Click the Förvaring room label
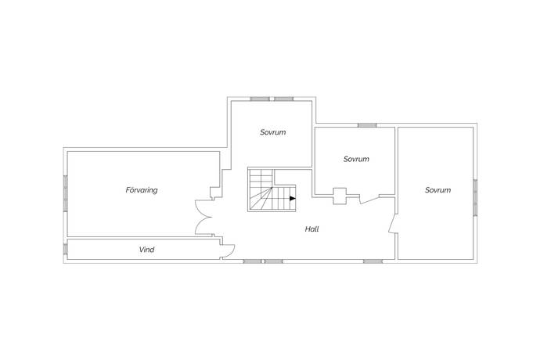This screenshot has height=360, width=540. point(142,190)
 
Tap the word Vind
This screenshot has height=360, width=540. point(146,250)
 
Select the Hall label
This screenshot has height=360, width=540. point(311,229)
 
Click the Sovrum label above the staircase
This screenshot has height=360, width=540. point(273,132)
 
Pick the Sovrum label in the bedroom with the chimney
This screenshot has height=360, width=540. point(356,159)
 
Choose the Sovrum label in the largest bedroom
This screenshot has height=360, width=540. point(437,190)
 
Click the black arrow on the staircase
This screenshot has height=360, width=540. point(293,199)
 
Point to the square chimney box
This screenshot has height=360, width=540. point(340,196)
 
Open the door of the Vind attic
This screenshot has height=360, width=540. point(228,250)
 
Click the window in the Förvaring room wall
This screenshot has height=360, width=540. point(66,193)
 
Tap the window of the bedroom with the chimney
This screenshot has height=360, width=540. point(367,125)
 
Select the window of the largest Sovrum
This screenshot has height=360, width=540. point(475,198)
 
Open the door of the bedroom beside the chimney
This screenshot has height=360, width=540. point(369,200)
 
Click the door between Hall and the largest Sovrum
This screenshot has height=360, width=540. point(392,224)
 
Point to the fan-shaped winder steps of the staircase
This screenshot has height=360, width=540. point(261,199)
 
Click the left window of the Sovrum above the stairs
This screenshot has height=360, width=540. point(260,99)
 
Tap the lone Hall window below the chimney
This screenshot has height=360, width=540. point(373,261)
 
